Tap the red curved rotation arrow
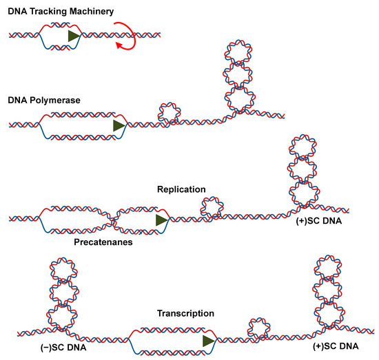pyautogui.click(x=130, y=34)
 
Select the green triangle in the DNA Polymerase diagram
pyautogui.click(x=120, y=125)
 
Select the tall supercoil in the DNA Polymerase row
pyautogui.click(x=237, y=79)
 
